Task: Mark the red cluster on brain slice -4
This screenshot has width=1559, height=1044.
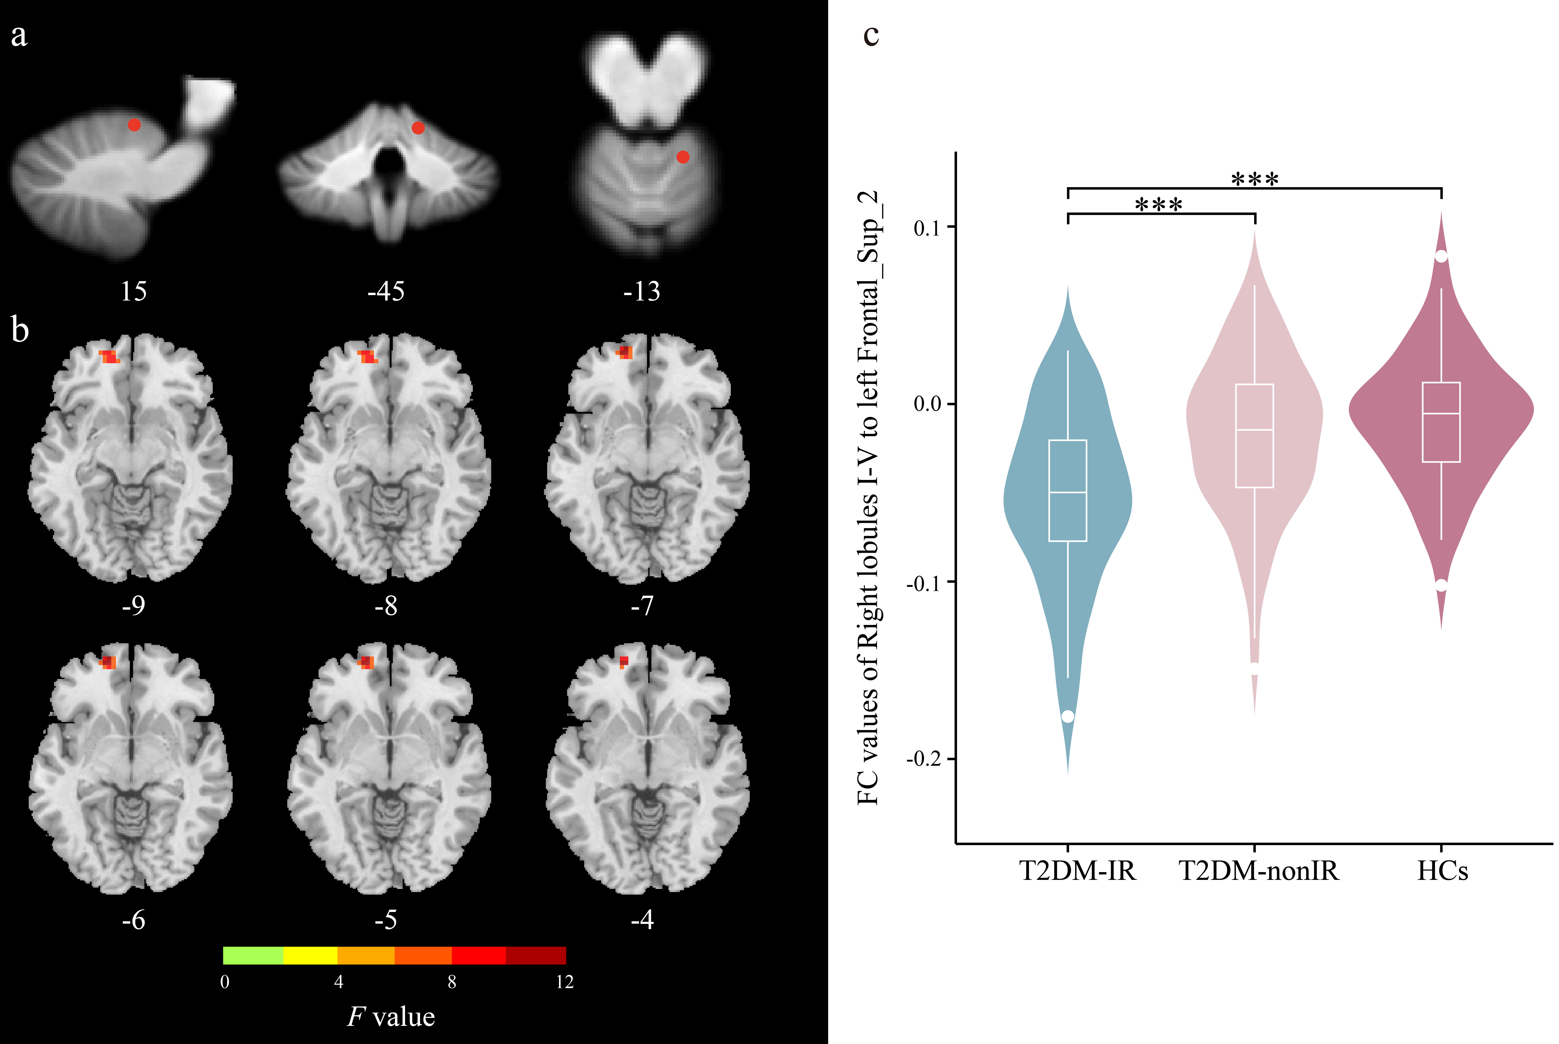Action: pyautogui.click(x=624, y=662)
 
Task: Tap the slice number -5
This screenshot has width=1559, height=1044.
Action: pyautogui.click(x=386, y=920)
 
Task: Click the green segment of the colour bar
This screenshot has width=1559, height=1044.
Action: pyautogui.click(x=253, y=955)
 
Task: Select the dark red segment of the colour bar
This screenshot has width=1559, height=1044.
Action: pyautogui.click(x=536, y=955)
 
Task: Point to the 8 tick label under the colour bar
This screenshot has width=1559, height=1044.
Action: pyautogui.click(x=452, y=982)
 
